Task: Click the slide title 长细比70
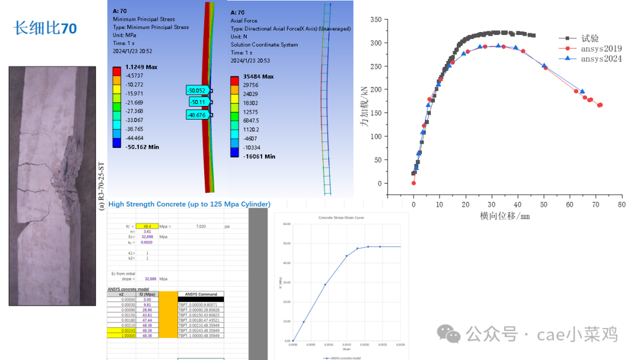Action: tap(45, 28)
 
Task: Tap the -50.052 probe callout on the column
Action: tap(197, 91)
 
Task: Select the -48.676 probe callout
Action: tap(197, 114)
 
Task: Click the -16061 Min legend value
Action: tap(259, 156)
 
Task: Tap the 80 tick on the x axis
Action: tap(621, 204)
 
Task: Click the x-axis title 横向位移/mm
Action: tap(505, 216)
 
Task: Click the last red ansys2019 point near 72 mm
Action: tap(600, 105)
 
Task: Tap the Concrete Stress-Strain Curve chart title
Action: tap(341, 218)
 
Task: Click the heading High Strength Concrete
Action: tap(189, 204)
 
